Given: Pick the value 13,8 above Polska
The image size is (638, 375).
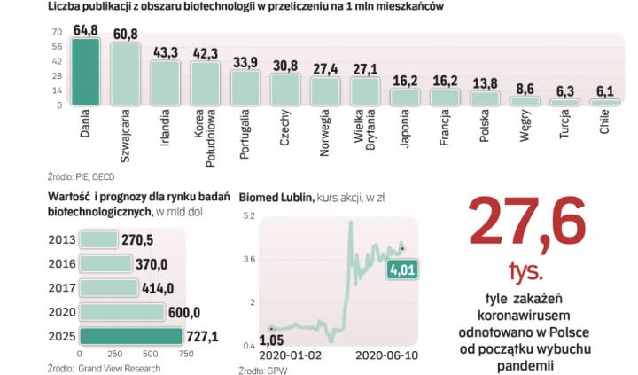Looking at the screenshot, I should [485, 83].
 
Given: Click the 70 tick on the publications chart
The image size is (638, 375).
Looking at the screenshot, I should [57, 32].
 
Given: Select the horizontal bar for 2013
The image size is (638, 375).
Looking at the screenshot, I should [98, 239].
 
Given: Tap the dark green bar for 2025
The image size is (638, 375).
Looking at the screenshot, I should [131, 336].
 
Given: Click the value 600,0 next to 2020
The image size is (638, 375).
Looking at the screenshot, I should [185, 312].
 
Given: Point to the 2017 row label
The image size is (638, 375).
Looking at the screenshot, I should [61, 288].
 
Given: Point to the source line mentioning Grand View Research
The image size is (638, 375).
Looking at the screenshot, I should [97, 367].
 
